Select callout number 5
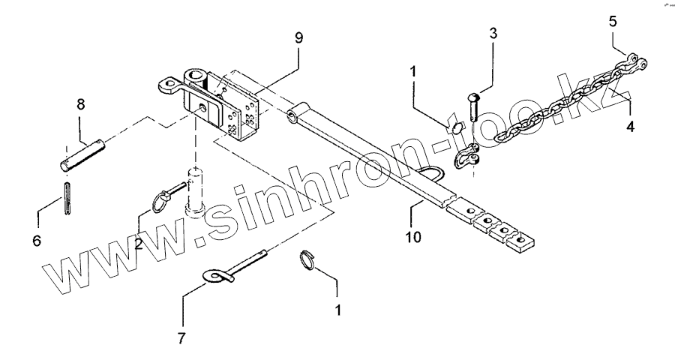tap(613, 21)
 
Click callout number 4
tap(630, 127)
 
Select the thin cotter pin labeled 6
tap(67, 199)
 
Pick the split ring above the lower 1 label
tap(307, 259)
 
